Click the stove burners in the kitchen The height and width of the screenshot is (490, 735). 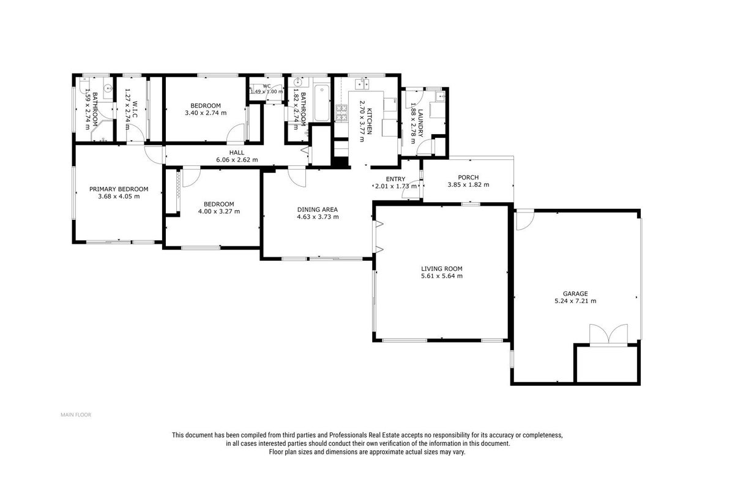pos(341,113)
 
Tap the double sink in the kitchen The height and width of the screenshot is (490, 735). pos(362,83)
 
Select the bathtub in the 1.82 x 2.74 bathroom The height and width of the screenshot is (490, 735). pos(322,103)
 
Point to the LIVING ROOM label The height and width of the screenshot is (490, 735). pos(442,269)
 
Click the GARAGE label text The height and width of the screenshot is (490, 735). pos(575,293)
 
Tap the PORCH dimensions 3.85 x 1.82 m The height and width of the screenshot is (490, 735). pos(468,185)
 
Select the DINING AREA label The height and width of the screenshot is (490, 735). pos(317,209)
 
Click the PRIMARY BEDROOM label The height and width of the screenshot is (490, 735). pos(119,189)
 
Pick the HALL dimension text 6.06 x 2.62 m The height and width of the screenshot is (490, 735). pos(237,160)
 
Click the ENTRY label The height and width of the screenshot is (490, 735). pos(395,179)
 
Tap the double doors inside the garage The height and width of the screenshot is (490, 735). pos(609,334)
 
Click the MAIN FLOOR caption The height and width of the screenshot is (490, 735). pos(76,415)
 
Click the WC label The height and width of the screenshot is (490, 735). pos(267,86)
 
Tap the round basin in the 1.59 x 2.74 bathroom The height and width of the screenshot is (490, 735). pos(108,88)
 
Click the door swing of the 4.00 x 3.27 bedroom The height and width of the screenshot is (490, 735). pos(192,178)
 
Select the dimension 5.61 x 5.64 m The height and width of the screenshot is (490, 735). pos(442,276)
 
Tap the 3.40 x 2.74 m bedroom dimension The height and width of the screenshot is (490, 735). pos(206,113)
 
